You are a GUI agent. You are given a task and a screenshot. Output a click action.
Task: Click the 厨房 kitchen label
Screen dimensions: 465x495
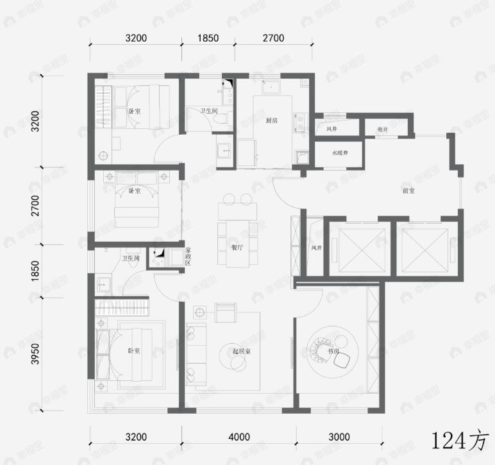coord(271,121)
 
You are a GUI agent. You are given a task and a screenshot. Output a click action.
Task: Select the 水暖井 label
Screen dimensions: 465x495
coord(339,153)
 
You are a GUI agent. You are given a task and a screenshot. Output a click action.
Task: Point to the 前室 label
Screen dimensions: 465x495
coord(408,190)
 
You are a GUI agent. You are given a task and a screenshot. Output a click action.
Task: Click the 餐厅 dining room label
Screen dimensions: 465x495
coord(238,246)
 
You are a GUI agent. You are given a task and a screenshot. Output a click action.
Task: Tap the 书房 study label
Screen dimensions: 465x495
coord(333,351)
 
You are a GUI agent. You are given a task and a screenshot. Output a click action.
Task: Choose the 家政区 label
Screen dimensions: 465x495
coord(188,257)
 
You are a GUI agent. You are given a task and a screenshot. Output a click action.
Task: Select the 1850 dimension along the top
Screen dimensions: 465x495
coord(207,38)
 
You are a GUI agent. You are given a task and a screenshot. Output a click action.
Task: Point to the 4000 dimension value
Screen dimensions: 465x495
coord(239,437)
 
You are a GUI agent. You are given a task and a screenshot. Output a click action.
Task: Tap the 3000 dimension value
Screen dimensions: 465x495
coord(339,437)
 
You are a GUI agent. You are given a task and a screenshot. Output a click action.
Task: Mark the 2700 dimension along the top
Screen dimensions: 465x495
coord(273,38)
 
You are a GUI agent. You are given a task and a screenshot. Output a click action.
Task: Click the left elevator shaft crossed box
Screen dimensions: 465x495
coord(357,247)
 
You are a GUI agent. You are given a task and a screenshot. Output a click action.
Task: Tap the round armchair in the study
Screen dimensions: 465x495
coord(321,350)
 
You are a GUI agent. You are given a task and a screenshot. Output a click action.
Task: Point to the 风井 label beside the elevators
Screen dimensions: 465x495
coord(316,248)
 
